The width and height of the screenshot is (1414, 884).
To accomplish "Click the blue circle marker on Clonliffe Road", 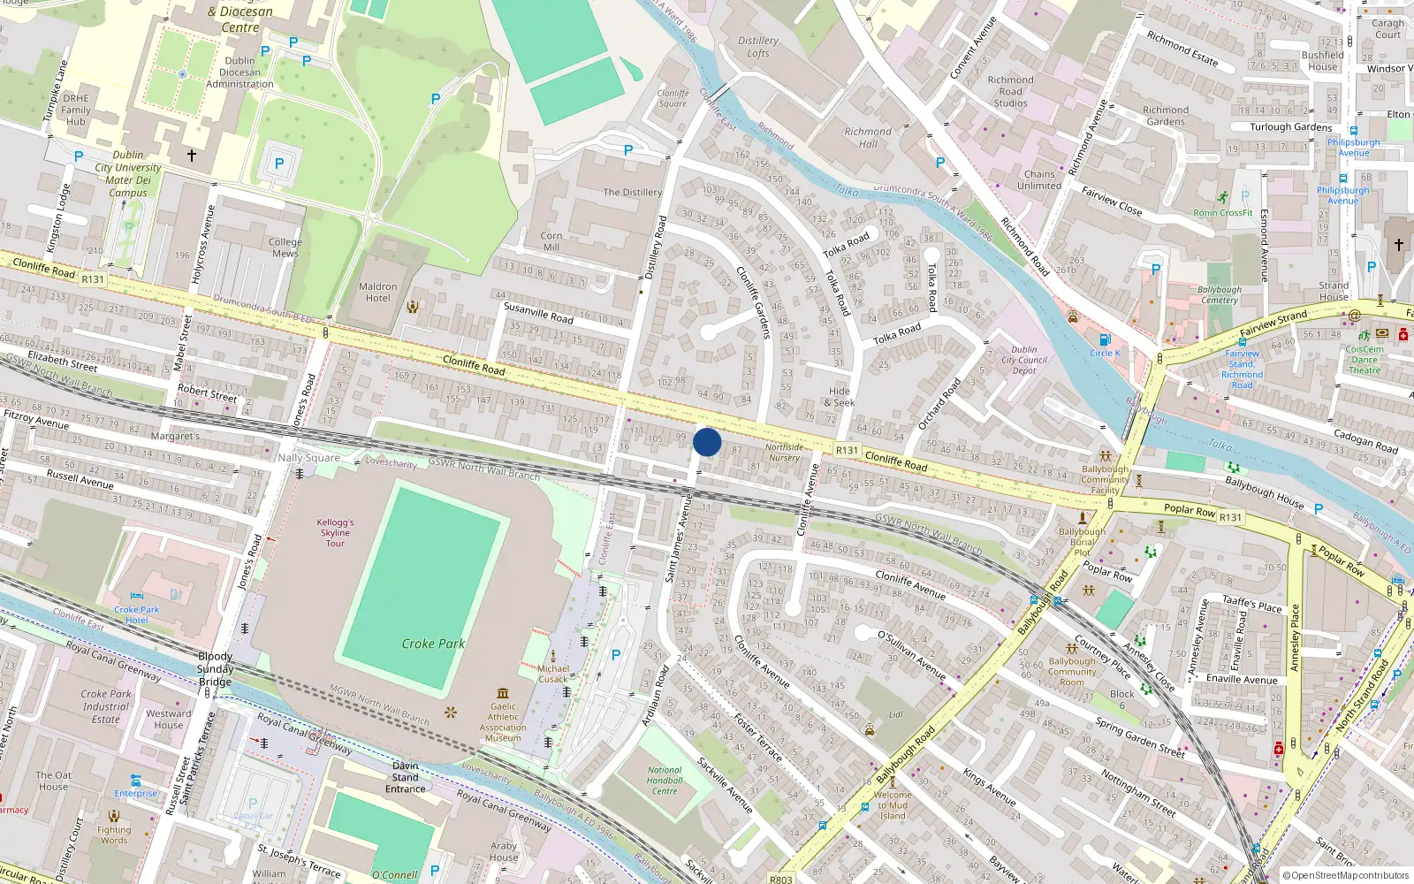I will [x=707, y=442].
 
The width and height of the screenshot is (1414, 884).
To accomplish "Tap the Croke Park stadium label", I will [x=433, y=644].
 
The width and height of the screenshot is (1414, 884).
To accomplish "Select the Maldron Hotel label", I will [x=377, y=293].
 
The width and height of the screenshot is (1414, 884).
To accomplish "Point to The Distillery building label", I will [x=632, y=192].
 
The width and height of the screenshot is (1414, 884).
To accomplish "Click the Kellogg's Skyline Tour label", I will [x=335, y=533].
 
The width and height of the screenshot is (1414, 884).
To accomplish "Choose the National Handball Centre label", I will [x=665, y=781].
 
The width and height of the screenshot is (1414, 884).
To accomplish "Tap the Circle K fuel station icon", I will [x=1105, y=340].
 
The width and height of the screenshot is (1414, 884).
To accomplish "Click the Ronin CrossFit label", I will [x=1223, y=212].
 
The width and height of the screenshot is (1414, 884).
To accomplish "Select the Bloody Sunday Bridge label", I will [x=216, y=668].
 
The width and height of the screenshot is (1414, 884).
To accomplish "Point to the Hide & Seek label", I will [x=840, y=397].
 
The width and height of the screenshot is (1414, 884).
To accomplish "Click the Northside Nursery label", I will [x=784, y=452].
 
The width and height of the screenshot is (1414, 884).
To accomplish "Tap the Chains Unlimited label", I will [x=1039, y=180].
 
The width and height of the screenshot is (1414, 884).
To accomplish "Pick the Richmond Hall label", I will [x=868, y=138].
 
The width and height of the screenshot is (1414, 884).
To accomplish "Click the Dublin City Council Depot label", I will [x=1024, y=360].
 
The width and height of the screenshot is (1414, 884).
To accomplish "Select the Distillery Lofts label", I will [x=758, y=47].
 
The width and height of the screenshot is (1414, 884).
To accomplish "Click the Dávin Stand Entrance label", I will [x=405, y=777].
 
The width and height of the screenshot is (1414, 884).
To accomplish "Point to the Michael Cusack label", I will [x=553, y=674].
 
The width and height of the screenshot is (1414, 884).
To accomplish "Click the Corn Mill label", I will [x=551, y=241].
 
